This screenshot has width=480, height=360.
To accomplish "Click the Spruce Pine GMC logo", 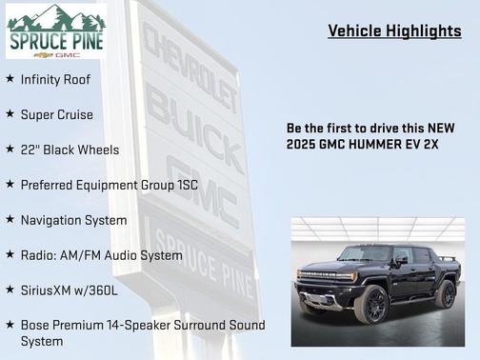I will pos(55,31).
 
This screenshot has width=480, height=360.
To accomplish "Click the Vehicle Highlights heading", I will pos(394,30).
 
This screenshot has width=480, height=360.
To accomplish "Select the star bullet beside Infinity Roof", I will pos(10,79).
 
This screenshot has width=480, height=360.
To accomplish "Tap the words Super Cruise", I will pos(57,114).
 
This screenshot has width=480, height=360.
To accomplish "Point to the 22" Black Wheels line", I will pos(70,150).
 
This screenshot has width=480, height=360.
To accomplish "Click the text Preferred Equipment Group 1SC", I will pos(110,185).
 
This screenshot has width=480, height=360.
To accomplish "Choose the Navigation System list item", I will pos(73,220).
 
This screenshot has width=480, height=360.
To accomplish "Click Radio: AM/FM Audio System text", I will pos(101,255).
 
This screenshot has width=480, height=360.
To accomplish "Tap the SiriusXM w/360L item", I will pos(70,290).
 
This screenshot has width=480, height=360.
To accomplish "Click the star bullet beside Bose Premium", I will pos(10,325).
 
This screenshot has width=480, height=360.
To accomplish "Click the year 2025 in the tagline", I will pos(303,144).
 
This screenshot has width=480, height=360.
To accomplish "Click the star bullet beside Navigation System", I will pos(10,220).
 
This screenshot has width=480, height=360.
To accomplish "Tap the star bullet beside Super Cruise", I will pos(10,114).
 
